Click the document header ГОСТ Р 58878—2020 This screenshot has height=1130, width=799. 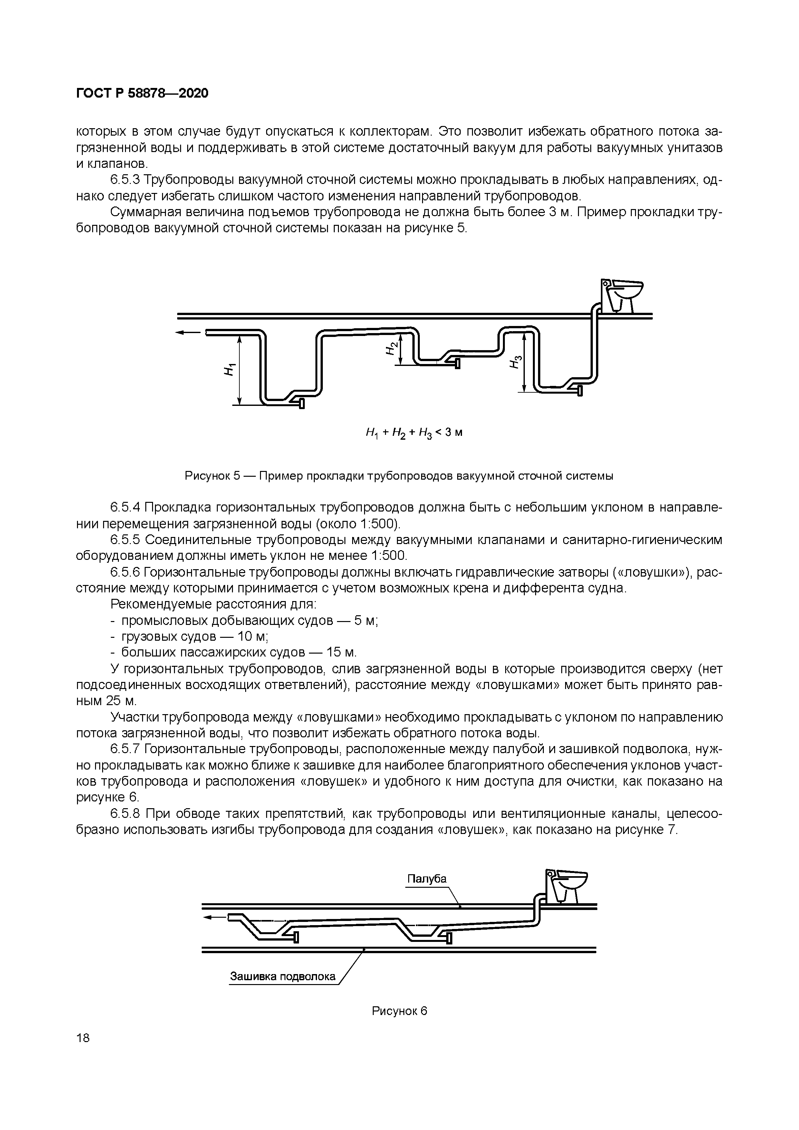142,93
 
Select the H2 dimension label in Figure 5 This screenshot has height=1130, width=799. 390,348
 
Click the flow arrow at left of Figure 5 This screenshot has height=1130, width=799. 188,333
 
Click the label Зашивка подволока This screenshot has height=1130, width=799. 283,976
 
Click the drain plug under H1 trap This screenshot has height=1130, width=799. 301,404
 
